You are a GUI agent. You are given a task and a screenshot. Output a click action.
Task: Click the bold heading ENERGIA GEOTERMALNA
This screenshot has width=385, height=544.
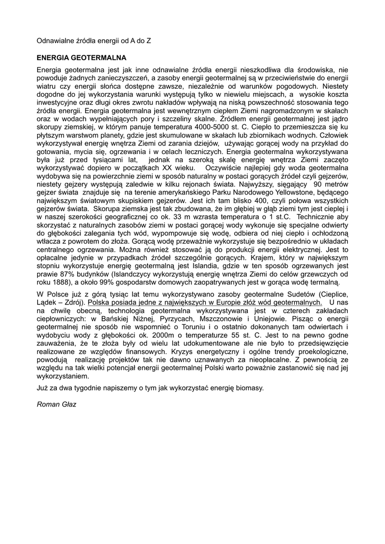(81, 57)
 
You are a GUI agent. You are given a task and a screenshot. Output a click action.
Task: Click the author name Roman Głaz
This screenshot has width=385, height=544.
(56, 404)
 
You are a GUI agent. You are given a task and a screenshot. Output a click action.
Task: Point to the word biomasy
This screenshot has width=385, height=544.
(248, 388)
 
